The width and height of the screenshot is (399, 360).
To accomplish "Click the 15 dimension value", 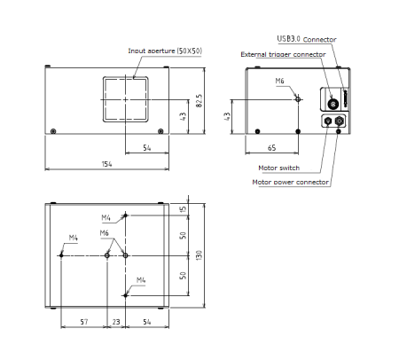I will click(182, 209).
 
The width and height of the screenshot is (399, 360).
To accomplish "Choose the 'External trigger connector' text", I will click(283, 54).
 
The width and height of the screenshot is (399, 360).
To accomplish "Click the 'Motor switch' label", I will click(278, 168).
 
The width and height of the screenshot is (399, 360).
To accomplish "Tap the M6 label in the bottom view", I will click(104, 232).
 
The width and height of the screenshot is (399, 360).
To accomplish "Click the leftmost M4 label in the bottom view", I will click(74, 238).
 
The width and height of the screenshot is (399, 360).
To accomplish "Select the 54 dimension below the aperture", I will click(146, 149).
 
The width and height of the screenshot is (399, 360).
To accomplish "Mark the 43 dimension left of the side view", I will click(227, 115).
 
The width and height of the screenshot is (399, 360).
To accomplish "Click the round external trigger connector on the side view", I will click(332, 98).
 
